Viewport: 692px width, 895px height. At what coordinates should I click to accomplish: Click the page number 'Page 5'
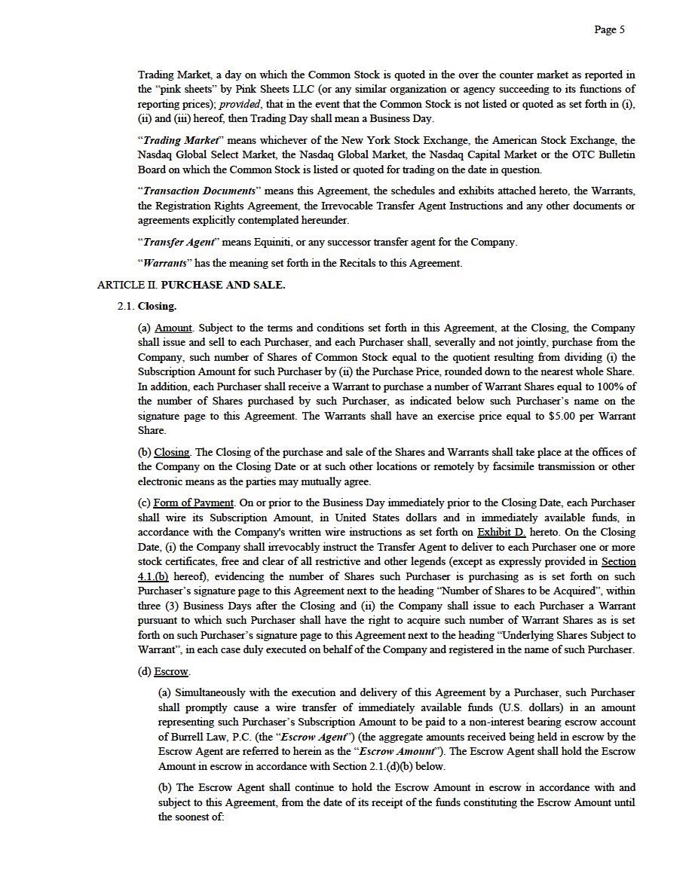[x=609, y=30]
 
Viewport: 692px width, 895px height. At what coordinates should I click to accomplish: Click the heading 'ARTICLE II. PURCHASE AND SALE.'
[x=191, y=285]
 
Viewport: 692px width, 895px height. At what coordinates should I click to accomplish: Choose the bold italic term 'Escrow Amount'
[x=397, y=751]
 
